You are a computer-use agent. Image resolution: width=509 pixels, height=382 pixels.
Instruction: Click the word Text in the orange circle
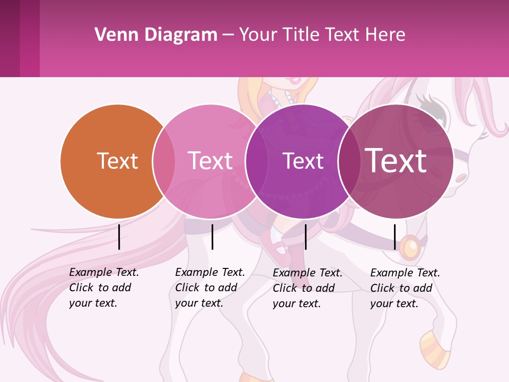click(x=117, y=161)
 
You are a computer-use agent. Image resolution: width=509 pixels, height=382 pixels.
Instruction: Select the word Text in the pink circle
click(x=210, y=161)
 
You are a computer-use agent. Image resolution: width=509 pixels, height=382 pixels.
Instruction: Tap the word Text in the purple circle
click(x=303, y=161)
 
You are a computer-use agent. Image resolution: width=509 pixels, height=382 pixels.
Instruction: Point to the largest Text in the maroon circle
click(x=396, y=160)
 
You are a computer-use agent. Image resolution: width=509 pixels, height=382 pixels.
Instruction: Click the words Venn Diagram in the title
click(x=156, y=35)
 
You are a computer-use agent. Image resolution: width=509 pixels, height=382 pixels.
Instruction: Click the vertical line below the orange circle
click(x=119, y=237)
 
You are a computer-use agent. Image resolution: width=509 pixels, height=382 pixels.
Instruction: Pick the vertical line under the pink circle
click(x=212, y=237)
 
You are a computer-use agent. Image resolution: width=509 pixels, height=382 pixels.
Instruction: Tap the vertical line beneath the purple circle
click(x=305, y=237)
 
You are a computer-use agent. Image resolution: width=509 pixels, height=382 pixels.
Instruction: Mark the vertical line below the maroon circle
click(x=394, y=237)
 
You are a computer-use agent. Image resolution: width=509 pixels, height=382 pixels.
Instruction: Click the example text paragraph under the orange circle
click(x=104, y=288)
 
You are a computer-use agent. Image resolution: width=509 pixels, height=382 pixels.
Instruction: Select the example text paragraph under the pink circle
click(x=210, y=288)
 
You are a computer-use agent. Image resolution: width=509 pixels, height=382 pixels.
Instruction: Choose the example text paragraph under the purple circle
click(x=308, y=288)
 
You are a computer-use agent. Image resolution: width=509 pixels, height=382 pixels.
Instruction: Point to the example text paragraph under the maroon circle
click(x=405, y=288)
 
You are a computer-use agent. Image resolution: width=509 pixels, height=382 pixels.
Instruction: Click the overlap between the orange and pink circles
click(x=164, y=161)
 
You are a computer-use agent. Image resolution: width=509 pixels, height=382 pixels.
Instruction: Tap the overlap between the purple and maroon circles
click(x=349, y=161)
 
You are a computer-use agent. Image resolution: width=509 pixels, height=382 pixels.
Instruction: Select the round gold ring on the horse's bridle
click(x=409, y=247)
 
